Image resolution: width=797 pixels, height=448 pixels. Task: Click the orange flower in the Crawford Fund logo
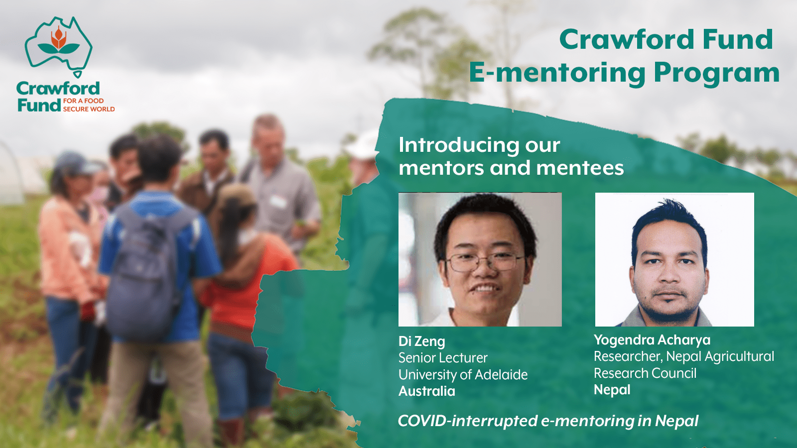58,38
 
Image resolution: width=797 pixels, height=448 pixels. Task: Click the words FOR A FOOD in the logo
84,101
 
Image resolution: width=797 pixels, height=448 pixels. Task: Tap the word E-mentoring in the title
557,73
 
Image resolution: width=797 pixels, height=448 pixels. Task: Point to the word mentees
580,168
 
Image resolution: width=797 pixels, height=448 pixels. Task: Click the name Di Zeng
421,341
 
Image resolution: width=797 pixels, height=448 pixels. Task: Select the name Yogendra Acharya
652,340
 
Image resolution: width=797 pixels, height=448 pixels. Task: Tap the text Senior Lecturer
443,358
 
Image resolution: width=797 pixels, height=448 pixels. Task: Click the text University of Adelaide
463,375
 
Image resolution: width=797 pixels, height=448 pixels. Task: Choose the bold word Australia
427,391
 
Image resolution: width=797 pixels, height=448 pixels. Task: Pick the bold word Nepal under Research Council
612,390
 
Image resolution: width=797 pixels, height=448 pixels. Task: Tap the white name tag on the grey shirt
278,202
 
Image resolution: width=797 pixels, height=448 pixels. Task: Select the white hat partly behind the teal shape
363,145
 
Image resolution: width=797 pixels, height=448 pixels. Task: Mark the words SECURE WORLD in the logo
89,109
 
